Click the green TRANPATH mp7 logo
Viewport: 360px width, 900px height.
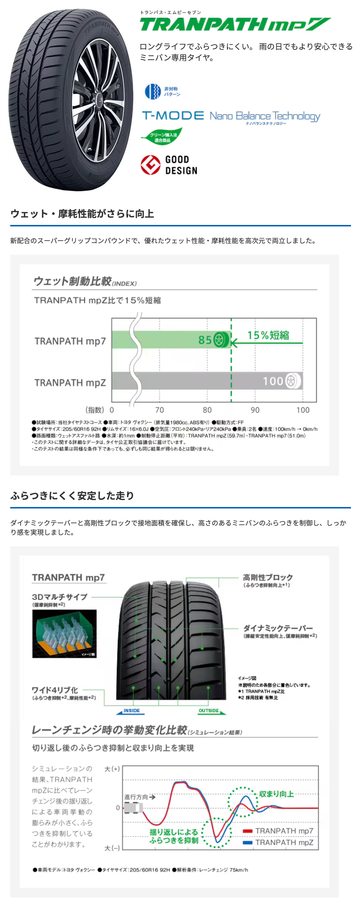coord(235,25)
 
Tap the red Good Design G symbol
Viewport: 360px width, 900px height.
coord(150,165)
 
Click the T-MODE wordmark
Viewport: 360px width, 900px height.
coord(173,115)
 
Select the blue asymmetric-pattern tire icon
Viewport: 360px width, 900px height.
coord(153,91)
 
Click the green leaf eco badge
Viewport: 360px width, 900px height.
coord(162,136)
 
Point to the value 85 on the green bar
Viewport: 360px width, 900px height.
coord(205,340)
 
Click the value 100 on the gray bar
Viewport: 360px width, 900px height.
coord(273,381)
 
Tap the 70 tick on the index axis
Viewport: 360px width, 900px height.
coord(159,410)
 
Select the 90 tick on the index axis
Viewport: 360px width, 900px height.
coord(255,410)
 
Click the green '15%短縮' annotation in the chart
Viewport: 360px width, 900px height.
coord(268,335)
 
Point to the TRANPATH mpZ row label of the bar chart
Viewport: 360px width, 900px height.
coord(70,383)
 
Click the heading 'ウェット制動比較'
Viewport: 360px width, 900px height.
coord(72,281)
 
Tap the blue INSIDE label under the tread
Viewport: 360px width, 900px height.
coord(131,711)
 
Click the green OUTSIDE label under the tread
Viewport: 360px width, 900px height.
coord(209,711)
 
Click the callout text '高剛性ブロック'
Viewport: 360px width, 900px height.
coord(268,577)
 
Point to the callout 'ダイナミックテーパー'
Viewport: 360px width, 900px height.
coord(278,628)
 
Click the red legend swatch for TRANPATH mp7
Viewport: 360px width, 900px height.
coord(247,831)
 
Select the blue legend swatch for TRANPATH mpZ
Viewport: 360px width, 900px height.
coord(247,842)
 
